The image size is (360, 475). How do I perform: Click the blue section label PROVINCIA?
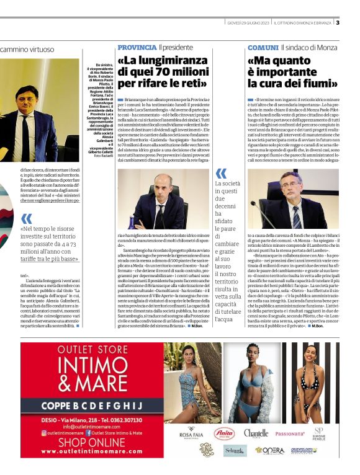pos(137,47)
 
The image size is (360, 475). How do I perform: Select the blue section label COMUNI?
pos(263,47)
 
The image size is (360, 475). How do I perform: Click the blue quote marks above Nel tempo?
pos(26,218)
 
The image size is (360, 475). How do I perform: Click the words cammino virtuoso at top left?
pos(28,48)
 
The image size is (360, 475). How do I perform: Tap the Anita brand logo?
pos(224,433)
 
